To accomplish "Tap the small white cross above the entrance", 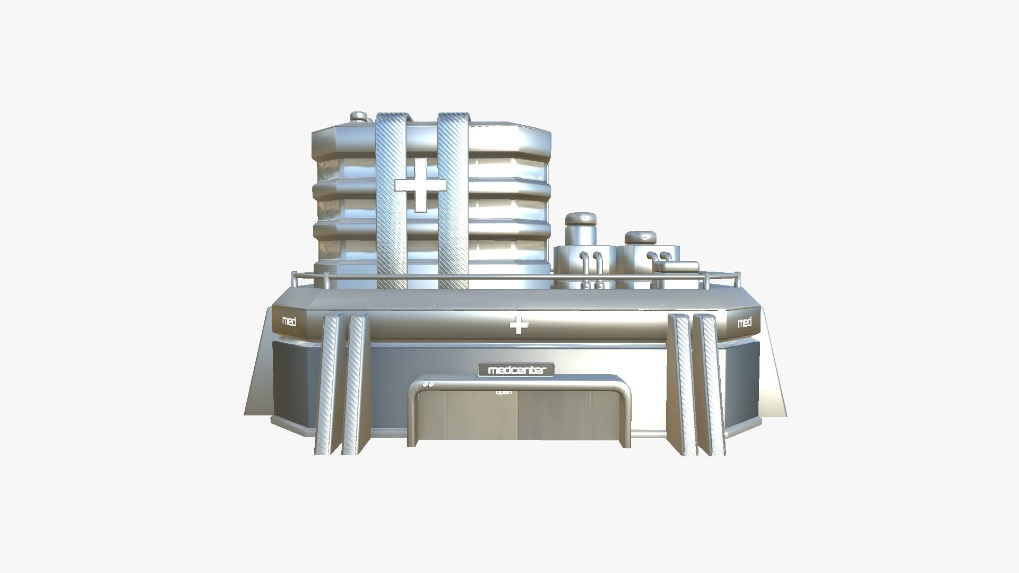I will (x=519, y=325).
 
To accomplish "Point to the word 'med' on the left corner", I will (x=289, y=322).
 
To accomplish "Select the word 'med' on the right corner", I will (x=745, y=322).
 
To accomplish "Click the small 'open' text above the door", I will (x=504, y=392).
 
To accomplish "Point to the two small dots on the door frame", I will (x=428, y=385).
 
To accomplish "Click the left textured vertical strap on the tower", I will (x=391, y=202).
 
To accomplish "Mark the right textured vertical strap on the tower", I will (x=453, y=202).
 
